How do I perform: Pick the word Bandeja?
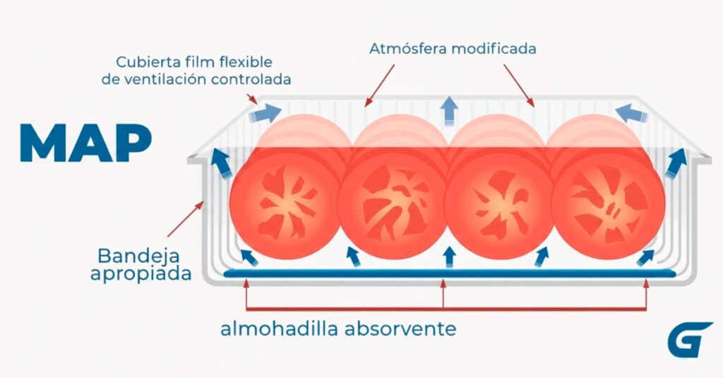tap(139, 256)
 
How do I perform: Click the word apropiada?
tap(141, 273)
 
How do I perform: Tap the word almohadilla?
tap(280, 329)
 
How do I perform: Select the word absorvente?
tap(400, 329)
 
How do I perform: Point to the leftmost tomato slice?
tap(285, 202)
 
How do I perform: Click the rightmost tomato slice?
tap(608, 202)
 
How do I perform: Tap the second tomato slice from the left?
tap(393, 202)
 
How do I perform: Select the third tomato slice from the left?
tap(501, 202)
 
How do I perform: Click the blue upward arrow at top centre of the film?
tap(448, 110)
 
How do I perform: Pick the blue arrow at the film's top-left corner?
tap(265, 113)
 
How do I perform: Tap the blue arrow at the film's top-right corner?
tap(631, 113)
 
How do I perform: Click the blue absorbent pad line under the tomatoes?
tap(450, 273)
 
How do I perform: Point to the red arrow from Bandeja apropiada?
tap(186, 219)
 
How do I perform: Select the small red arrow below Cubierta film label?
tap(252, 99)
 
